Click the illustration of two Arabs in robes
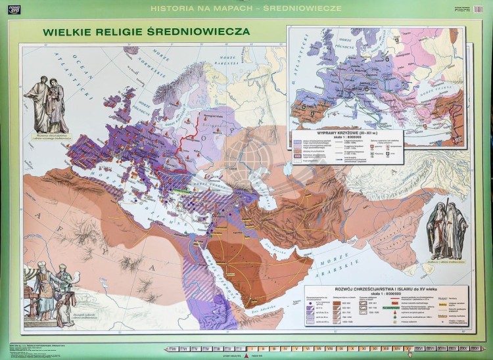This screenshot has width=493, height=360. pos(447,230)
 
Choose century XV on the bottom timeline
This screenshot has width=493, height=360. pos(408,349)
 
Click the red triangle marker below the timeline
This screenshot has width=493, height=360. pos(246,355)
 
